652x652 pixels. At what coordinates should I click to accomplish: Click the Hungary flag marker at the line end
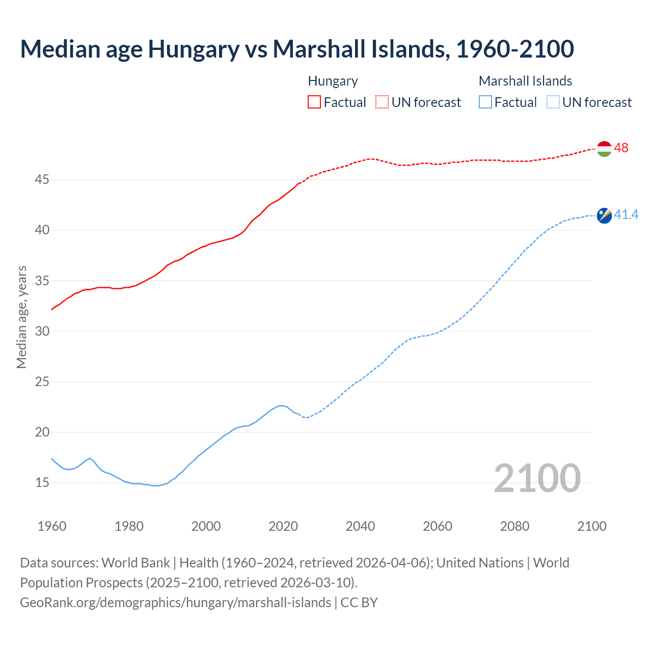click(604, 149)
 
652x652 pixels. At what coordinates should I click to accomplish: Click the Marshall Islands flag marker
click(604, 215)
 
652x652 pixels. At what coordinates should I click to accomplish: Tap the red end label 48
click(621, 148)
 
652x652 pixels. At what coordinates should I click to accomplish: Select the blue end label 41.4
click(626, 215)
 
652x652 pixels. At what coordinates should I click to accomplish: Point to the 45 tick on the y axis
click(42, 180)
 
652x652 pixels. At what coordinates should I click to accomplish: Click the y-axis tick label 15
click(42, 482)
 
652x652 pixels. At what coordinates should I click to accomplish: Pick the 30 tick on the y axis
click(42, 331)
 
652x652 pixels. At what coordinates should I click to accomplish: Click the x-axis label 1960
click(52, 526)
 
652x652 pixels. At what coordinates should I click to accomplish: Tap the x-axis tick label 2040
click(360, 526)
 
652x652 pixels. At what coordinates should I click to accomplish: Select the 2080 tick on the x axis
click(514, 526)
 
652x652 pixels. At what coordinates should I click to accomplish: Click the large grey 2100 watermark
click(537, 478)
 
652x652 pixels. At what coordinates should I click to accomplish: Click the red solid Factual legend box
click(314, 102)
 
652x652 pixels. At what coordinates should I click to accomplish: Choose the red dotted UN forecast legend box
click(382, 102)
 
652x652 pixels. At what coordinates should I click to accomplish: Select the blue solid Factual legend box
click(485, 102)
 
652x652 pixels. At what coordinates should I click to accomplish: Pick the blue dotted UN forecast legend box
click(553, 102)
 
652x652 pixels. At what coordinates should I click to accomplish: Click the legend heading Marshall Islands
click(525, 81)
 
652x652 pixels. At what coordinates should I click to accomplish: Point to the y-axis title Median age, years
click(21, 317)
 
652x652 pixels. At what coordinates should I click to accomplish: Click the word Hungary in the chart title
click(194, 49)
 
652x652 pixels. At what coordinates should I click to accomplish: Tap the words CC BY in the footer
click(359, 602)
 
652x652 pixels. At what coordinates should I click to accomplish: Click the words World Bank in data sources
click(135, 562)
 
